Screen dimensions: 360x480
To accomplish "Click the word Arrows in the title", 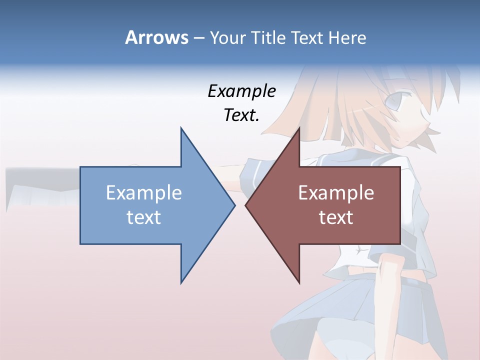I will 156,37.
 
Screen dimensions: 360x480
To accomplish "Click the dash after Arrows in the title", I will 198,38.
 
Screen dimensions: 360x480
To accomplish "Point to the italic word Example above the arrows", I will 242,91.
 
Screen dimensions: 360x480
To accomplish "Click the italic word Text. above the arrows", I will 242,115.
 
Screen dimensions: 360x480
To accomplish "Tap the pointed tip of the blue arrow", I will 234,205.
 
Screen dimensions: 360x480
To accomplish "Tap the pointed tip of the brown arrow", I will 246,205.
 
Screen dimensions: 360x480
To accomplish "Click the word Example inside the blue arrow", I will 144,193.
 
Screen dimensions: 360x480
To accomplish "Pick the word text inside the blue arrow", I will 144,217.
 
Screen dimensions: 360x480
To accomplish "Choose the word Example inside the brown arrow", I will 336,193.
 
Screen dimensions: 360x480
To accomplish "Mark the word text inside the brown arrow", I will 336,217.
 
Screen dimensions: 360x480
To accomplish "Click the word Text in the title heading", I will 308,37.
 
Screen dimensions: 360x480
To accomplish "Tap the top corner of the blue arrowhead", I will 181,128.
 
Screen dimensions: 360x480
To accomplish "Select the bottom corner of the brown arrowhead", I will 299,282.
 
